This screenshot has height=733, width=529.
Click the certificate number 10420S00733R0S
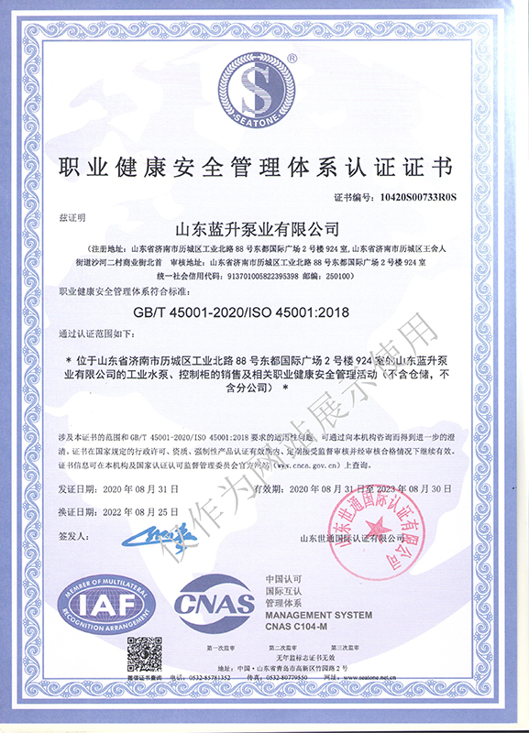coord(418,196)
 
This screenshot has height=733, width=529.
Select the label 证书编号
coord(351,196)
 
